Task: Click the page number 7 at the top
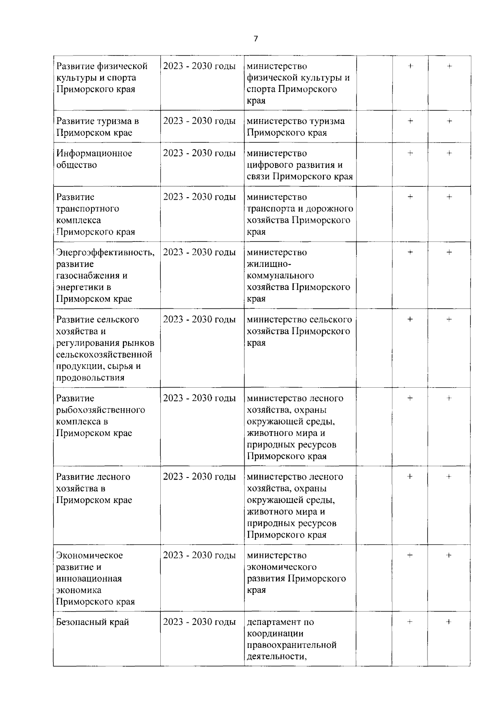coord(256,39)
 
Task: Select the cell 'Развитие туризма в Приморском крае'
coord(98,127)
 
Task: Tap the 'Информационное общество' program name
coord(94,159)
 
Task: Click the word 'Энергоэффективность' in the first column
coord(104,252)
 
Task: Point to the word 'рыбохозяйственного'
coord(101,410)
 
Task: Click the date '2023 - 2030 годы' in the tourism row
coord(199,121)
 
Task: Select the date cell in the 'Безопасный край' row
coord(199,622)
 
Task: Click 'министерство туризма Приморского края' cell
coord(296,127)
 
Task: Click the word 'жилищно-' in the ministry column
coord(269,264)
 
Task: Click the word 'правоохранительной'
coord(291,645)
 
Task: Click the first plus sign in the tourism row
coord(410,121)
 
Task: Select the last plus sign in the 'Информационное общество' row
coord(449,153)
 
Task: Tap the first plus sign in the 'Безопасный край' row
coord(410,622)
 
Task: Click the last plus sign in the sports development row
coord(449,66)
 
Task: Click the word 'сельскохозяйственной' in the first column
coord(104,355)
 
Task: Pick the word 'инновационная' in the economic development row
coord(89,579)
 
